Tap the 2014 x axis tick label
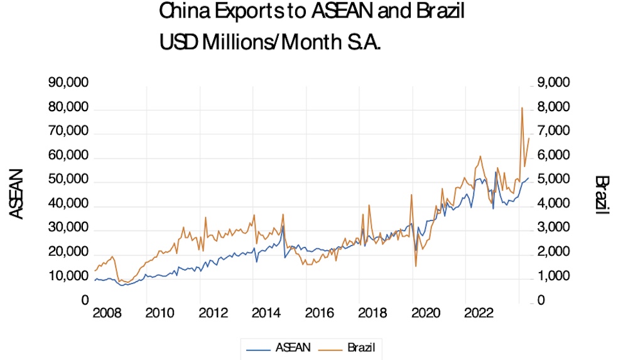[x=254, y=313]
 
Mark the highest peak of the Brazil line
[x=522, y=108]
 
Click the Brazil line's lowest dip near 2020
[x=416, y=266]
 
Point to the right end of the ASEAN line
[x=529, y=178]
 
